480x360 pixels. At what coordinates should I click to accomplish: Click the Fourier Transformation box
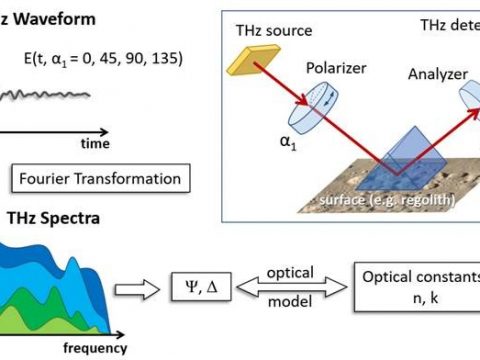[97, 180]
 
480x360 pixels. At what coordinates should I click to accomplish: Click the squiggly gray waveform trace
[45, 96]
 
